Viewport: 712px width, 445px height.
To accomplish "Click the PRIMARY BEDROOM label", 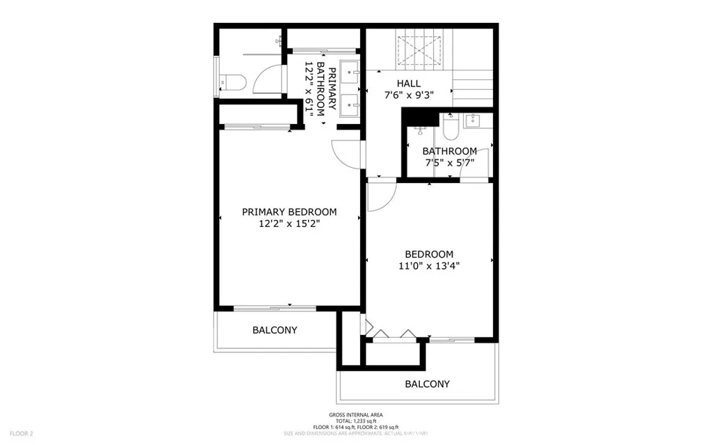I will (x=289, y=212).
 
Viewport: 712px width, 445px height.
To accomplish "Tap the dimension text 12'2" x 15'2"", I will (x=289, y=224).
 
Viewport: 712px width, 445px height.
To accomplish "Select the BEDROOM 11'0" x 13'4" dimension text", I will (x=429, y=265).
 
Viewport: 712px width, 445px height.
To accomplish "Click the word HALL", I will (x=400, y=83).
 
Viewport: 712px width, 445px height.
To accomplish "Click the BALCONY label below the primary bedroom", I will (x=275, y=330).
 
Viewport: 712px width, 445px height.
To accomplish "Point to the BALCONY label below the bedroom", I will (x=427, y=384).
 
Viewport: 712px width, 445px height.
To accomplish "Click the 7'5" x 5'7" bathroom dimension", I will (x=450, y=163).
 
